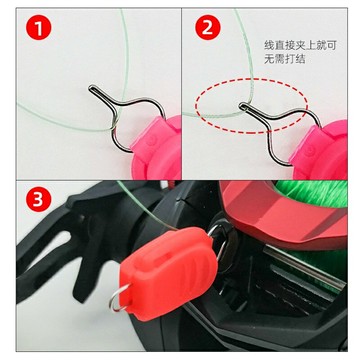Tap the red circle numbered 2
click(210, 28)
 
